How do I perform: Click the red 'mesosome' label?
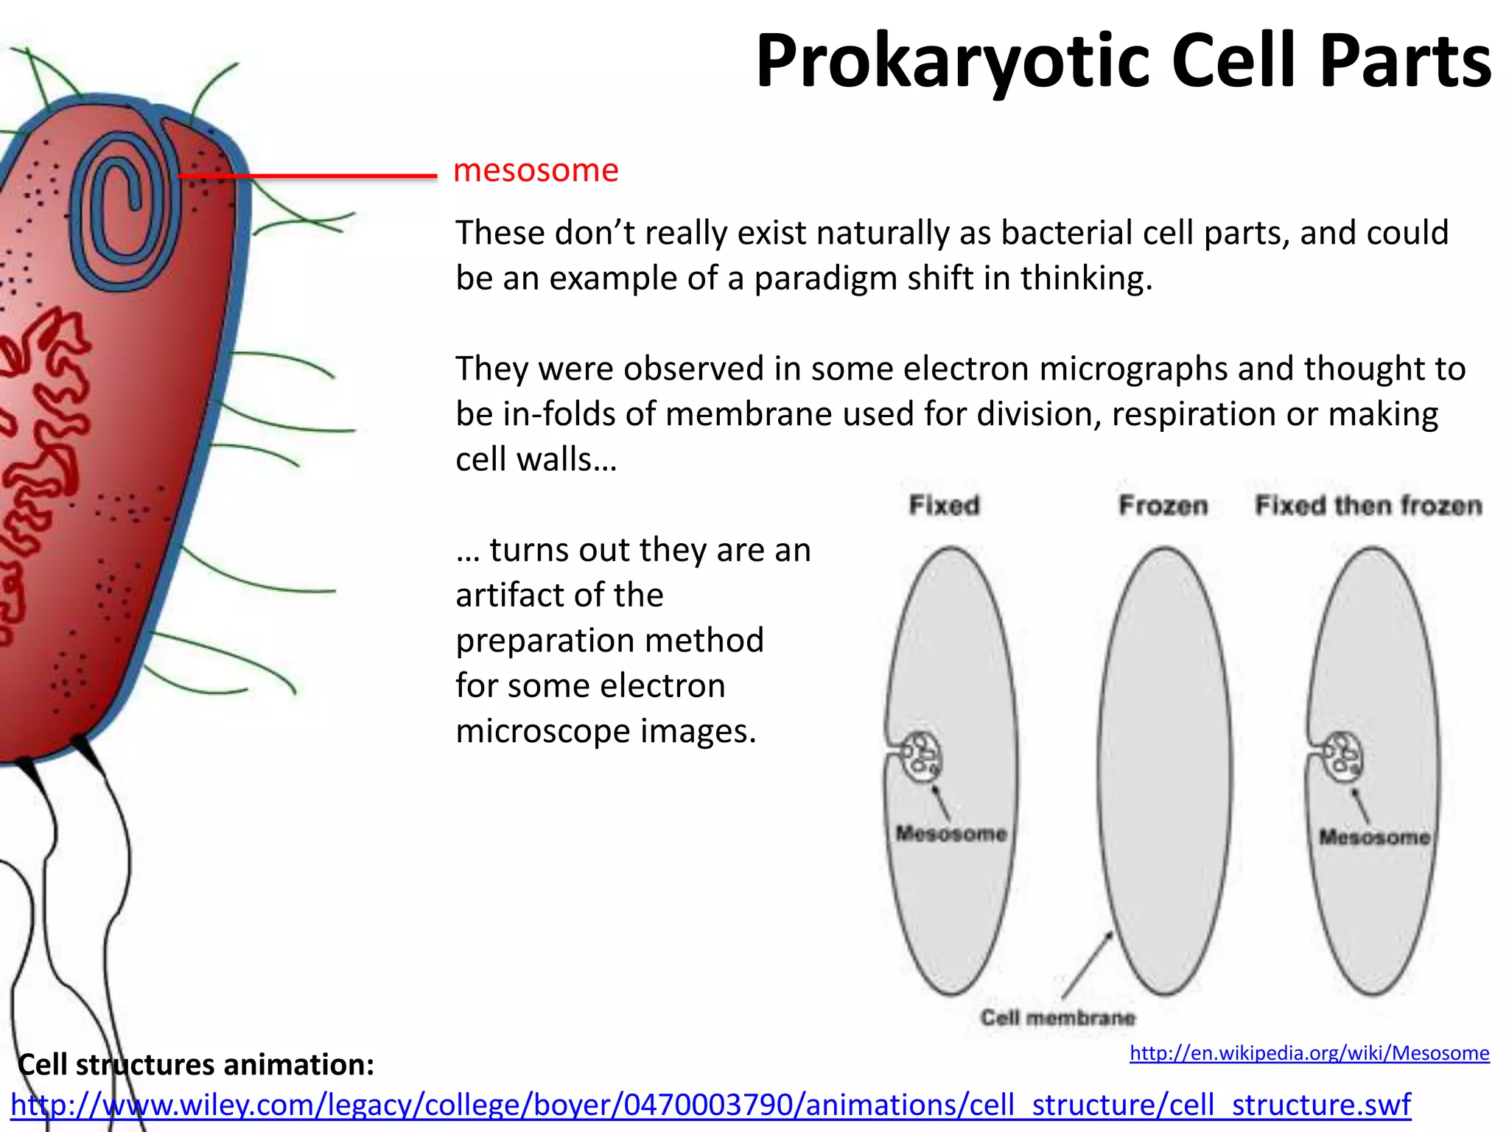(536, 171)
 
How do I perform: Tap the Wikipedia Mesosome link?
(1309, 1053)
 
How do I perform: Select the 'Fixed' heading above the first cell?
(944, 506)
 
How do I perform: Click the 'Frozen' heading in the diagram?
(1163, 506)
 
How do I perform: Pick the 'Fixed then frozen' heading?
(1368, 506)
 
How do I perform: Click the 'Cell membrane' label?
(1057, 1018)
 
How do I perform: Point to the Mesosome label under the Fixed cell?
(951, 834)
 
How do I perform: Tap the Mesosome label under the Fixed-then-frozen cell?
(1374, 837)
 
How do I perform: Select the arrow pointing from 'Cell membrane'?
(1088, 965)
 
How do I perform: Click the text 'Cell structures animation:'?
(196, 1065)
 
